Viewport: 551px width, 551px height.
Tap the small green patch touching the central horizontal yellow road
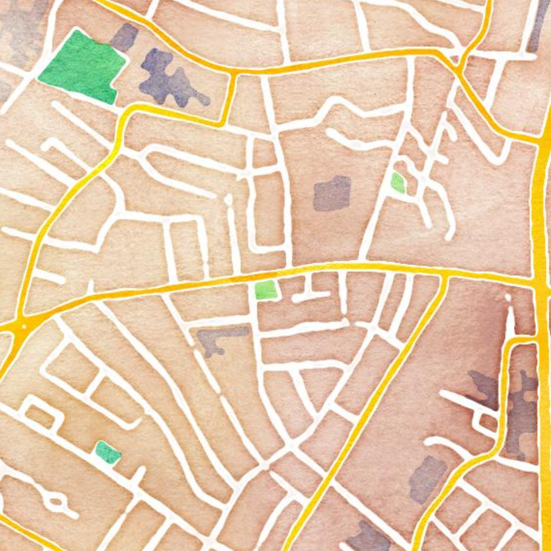pyautogui.click(x=265, y=290)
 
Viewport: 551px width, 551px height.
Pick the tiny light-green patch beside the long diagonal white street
pyautogui.click(x=398, y=183)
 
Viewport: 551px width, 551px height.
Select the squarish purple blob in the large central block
pyautogui.click(x=332, y=193)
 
